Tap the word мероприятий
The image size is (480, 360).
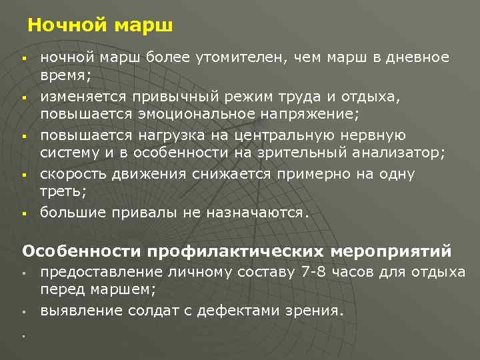[391, 251]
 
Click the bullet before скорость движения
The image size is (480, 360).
[23, 175]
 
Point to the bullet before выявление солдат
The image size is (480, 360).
[23, 311]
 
